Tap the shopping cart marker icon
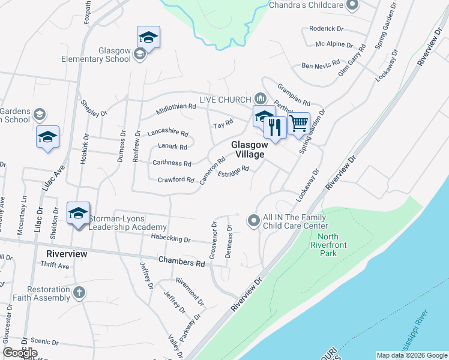(298, 124)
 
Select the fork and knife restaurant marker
(275, 128)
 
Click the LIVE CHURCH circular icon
(260, 98)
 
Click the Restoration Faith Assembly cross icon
(79, 293)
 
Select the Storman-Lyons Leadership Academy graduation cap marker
(78, 214)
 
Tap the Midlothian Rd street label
(176, 109)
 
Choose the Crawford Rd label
(175, 179)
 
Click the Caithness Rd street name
(172, 163)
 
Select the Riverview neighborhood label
(67, 254)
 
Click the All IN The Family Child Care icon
(254, 221)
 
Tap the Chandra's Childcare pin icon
(352, 5)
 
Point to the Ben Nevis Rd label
(321, 65)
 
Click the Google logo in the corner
(20, 353)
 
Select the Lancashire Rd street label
(168, 133)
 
